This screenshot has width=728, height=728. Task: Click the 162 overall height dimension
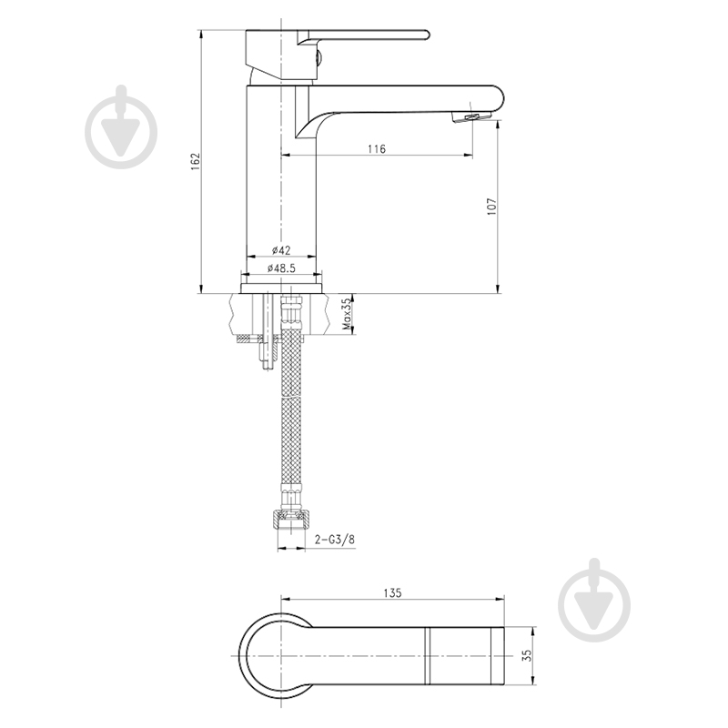(x=196, y=161)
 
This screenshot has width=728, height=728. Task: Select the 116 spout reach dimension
(x=377, y=148)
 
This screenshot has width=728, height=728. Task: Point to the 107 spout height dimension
(x=491, y=207)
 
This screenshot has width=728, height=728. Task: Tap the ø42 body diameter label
(x=281, y=250)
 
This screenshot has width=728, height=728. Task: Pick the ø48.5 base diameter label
(x=281, y=268)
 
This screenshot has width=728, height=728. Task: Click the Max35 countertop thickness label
(x=346, y=314)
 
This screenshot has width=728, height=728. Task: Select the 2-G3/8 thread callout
(x=334, y=539)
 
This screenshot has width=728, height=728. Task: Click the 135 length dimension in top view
(x=392, y=593)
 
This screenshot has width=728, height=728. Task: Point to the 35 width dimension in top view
(x=527, y=655)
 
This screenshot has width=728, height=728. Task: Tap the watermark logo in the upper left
(x=121, y=126)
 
